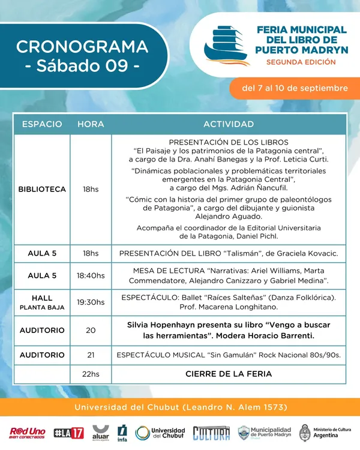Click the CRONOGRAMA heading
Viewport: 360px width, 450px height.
(x=82, y=46)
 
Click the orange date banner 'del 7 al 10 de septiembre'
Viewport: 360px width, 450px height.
(x=294, y=88)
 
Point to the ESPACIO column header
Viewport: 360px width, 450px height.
(x=42, y=124)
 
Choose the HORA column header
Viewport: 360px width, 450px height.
(x=91, y=124)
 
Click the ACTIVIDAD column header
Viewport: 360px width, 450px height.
(x=229, y=124)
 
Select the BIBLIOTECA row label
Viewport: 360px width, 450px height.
(x=42, y=189)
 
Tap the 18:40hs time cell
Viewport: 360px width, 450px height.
(x=91, y=275)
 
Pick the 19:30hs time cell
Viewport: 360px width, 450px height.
(x=91, y=302)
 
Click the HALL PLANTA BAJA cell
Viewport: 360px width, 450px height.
(x=42, y=302)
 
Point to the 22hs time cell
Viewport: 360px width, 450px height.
(x=91, y=374)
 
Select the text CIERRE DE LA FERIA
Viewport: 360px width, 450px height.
(x=229, y=374)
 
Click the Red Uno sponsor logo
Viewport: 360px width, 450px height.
(x=27, y=433)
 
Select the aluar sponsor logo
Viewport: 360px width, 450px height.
(x=100, y=433)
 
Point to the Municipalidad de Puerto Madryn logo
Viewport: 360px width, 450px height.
(x=265, y=433)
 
